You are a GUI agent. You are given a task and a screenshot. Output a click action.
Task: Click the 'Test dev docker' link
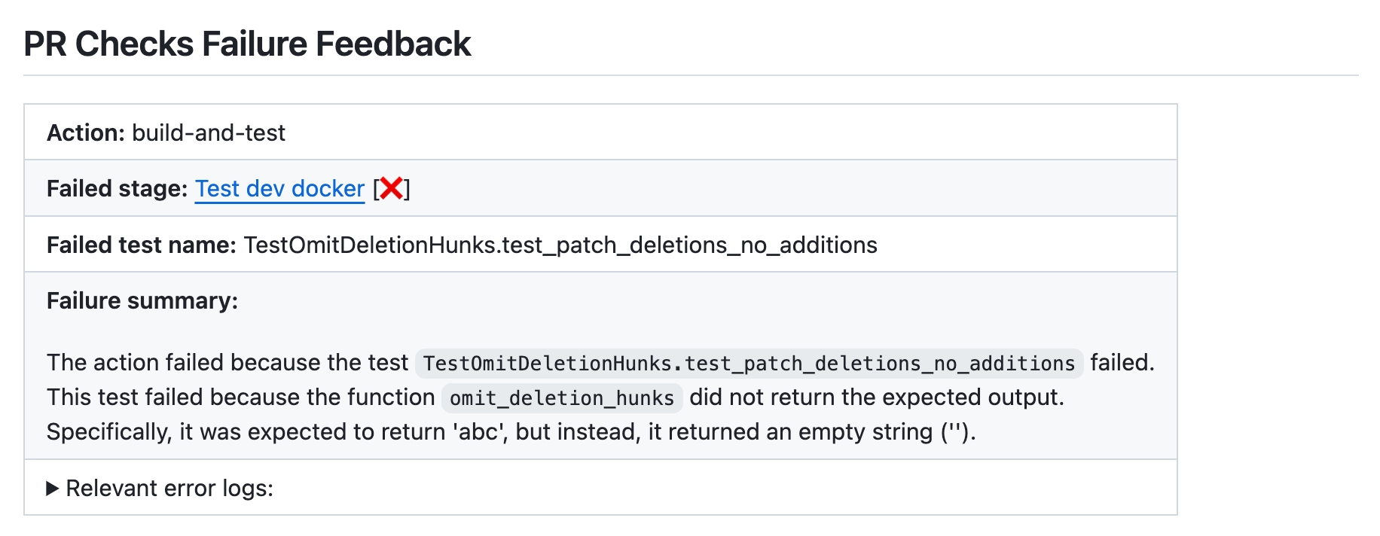click(279, 188)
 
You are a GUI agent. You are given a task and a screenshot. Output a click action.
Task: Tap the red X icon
click(391, 188)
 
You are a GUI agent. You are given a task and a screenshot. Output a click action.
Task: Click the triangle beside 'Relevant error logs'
click(53, 489)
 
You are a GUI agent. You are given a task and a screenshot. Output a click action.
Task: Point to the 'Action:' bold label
click(85, 132)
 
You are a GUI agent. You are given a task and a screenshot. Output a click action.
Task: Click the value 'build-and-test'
click(209, 132)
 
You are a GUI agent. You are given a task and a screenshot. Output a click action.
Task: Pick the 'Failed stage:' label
click(117, 188)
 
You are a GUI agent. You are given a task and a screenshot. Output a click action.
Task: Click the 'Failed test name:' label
click(142, 245)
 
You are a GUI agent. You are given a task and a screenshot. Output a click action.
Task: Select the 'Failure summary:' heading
click(142, 300)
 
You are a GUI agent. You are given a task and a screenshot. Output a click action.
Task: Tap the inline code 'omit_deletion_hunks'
click(562, 397)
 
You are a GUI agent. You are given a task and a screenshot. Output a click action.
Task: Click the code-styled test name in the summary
click(749, 363)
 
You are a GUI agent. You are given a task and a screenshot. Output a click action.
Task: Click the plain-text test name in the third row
click(560, 245)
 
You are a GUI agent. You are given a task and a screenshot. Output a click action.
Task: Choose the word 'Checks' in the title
click(135, 44)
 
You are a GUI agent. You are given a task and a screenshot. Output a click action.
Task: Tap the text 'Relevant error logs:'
click(169, 489)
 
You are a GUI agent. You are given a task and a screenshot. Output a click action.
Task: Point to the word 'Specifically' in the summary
click(108, 432)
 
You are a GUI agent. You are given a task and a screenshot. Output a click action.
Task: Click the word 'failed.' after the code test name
click(1122, 363)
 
